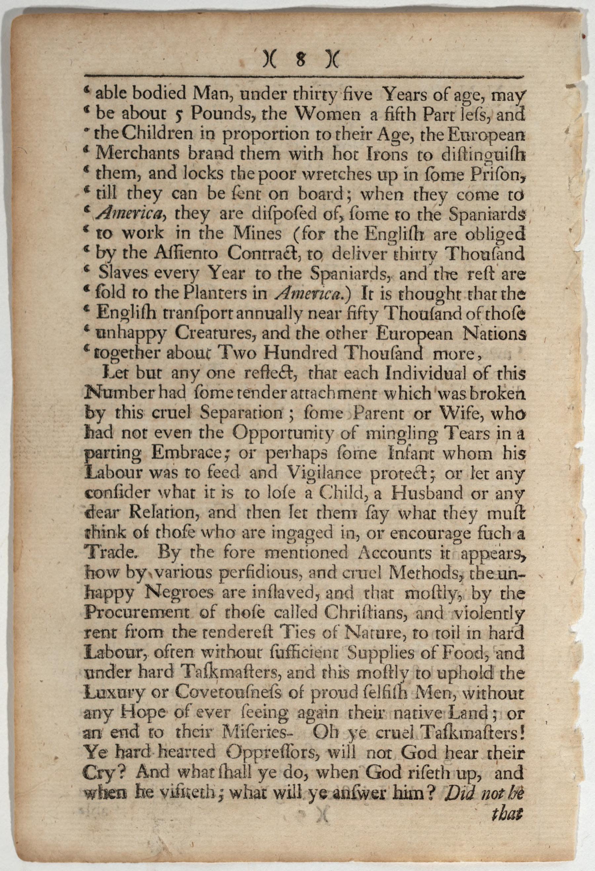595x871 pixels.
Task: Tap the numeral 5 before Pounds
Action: pos(179,115)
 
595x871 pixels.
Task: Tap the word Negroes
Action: pos(181,593)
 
